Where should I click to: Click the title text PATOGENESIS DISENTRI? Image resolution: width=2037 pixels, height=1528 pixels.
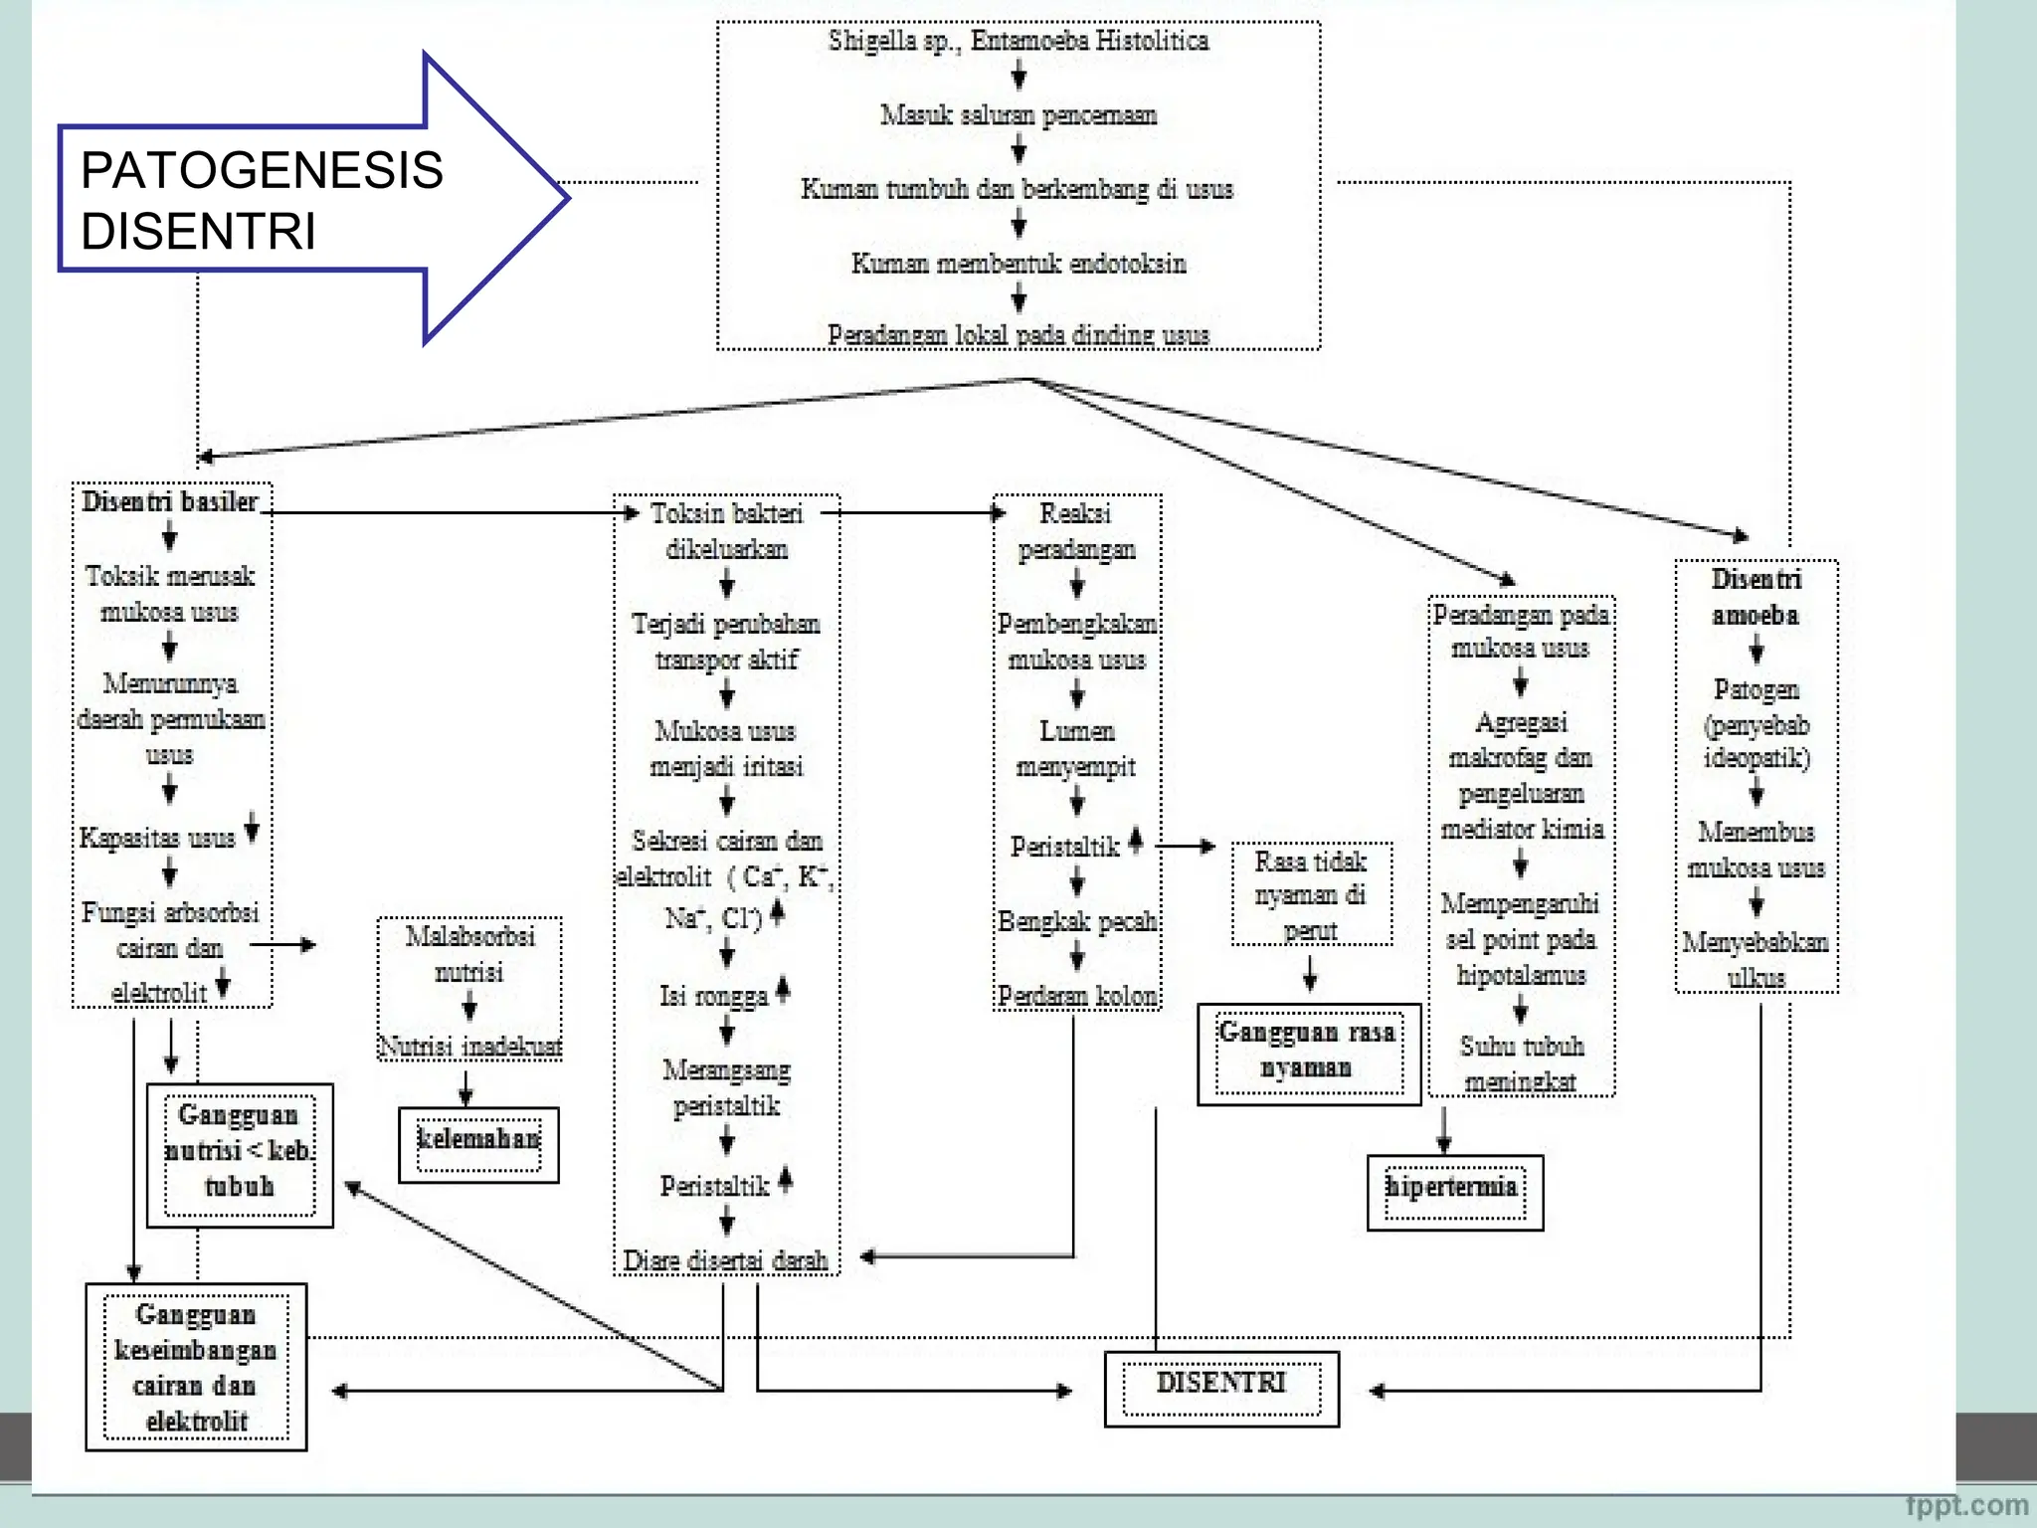(x=261, y=200)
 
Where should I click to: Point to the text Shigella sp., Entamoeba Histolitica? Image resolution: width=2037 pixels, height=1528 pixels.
(x=1018, y=42)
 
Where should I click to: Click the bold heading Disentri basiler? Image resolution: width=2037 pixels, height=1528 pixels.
(x=170, y=502)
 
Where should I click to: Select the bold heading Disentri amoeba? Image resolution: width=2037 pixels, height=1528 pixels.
(x=1756, y=597)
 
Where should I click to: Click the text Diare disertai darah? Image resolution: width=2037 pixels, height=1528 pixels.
(x=725, y=1261)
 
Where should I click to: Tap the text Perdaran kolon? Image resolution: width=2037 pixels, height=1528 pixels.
(x=1077, y=996)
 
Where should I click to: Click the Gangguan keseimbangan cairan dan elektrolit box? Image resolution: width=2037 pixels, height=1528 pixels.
(x=196, y=1368)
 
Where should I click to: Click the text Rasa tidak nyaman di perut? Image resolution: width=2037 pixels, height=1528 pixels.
(x=1310, y=895)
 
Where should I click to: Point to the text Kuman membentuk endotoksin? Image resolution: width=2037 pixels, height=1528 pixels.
(x=1018, y=264)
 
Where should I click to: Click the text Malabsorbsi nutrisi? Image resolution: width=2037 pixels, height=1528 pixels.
(x=469, y=953)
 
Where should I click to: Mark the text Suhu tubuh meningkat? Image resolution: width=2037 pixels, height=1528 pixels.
(x=1521, y=1063)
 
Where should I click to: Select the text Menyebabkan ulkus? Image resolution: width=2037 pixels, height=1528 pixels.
(x=1756, y=959)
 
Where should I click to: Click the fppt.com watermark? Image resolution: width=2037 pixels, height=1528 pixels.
(x=1966, y=1505)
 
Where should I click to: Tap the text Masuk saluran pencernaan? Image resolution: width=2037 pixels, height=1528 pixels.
(x=1018, y=115)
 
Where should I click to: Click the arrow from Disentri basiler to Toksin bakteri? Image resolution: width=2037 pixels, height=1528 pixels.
(x=448, y=513)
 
